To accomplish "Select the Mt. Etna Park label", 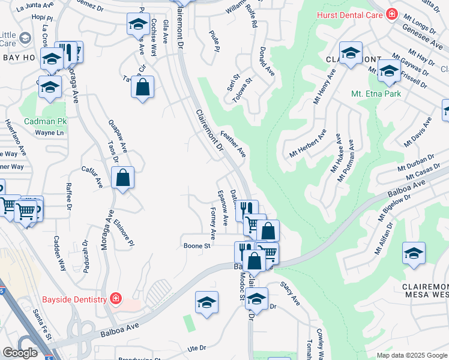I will [376, 94].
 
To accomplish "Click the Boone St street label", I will [197, 245].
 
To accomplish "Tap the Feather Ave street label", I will [234, 145].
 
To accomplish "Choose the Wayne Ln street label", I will [49, 133].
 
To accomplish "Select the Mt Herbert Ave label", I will [307, 145].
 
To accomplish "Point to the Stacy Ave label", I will [291, 295].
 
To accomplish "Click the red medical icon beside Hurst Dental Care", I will [392, 13].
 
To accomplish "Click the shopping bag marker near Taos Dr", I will [122, 178].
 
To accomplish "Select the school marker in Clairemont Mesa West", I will [414, 253].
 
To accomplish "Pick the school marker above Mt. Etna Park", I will [389, 73].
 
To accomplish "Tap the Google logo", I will [20, 353].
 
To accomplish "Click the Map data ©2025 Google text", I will [412, 355].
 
